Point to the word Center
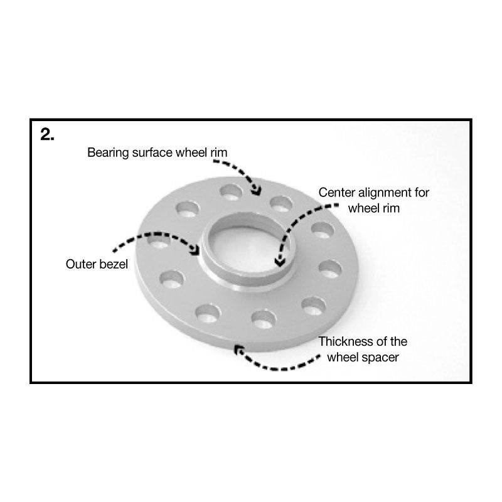pyautogui.click(x=336, y=193)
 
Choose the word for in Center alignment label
pyautogui.click(x=421, y=193)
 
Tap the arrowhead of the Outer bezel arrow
pyautogui.click(x=197, y=252)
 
